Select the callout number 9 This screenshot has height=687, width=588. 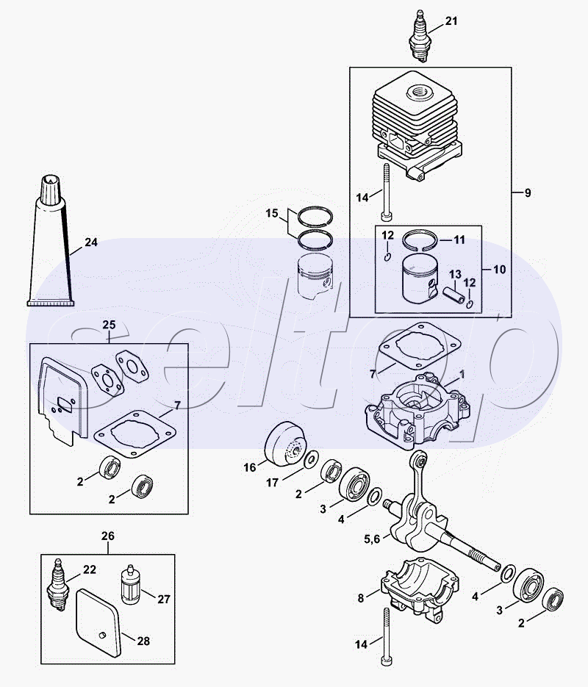click(x=528, y=193)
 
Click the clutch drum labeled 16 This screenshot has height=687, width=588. click(x=285, y=443)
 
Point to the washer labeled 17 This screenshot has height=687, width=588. click(x=312, y=458)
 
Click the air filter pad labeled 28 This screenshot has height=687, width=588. click(x=98, y=623)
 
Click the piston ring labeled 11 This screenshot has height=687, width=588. click(x=420, y=240)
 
